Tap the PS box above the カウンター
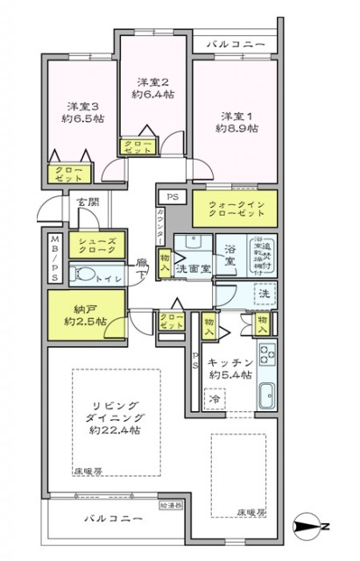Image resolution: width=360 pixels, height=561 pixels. pos(167,198)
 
